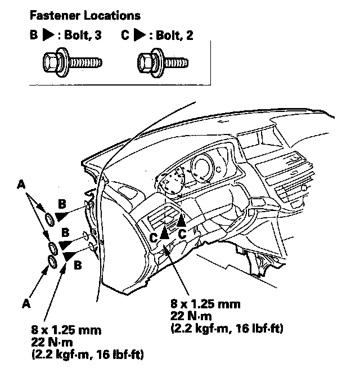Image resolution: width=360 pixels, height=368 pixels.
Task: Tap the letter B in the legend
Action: (34, 35)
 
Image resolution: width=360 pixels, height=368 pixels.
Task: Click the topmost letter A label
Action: (21, 183)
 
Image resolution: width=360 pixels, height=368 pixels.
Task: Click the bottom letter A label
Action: (25, 303)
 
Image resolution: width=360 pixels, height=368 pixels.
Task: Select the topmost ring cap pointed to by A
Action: (49, 218)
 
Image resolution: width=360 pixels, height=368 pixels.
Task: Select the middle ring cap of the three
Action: (53, 246)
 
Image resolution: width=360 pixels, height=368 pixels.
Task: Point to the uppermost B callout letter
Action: (62, 203)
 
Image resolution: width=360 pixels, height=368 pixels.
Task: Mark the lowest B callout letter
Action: (77, 263)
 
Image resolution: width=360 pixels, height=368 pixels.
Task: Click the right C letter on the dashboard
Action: (182, 232)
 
